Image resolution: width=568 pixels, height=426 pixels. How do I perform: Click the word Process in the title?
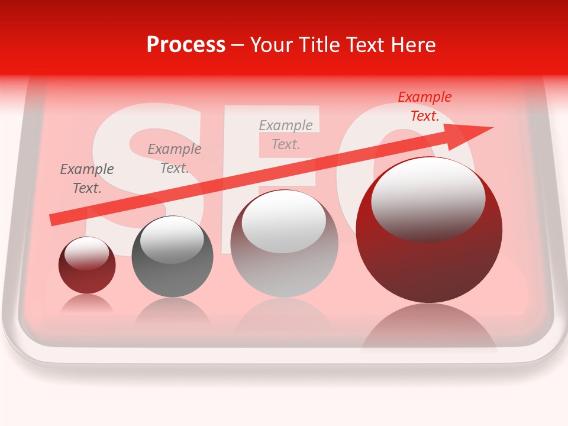[x=186, y=45]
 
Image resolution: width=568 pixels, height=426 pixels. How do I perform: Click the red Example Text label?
[x=425, y=106]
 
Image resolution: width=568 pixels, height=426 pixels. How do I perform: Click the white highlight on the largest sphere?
[x=428, y=198]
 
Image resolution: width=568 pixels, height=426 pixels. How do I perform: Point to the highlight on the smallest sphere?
[x=87, y=253]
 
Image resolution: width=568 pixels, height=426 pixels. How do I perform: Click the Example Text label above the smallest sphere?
[x=87, y=179]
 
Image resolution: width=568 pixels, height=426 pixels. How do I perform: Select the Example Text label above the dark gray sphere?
[x=175, y=159]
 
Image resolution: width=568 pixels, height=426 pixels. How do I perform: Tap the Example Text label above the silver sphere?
[x=286, y=134]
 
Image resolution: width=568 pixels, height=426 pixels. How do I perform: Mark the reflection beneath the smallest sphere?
[x=87, y=304]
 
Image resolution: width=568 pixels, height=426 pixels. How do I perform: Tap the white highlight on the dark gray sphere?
[x=172, y=240]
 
